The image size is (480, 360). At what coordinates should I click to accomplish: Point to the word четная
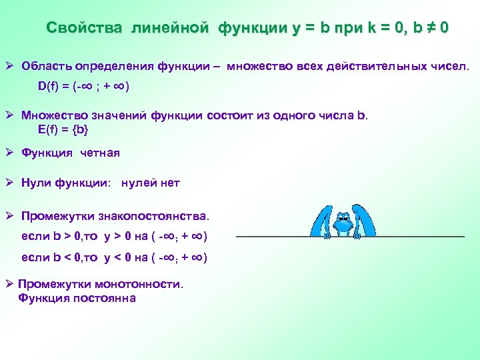click(100, 153)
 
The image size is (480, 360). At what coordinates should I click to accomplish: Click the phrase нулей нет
click(151, 183)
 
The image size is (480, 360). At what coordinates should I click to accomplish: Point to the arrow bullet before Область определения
click(10, 67)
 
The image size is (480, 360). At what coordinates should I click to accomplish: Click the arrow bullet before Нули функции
click(10, 183)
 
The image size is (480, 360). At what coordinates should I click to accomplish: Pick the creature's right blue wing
click(364, 220)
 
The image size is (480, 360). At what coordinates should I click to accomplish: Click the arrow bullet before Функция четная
click(10, 153)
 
